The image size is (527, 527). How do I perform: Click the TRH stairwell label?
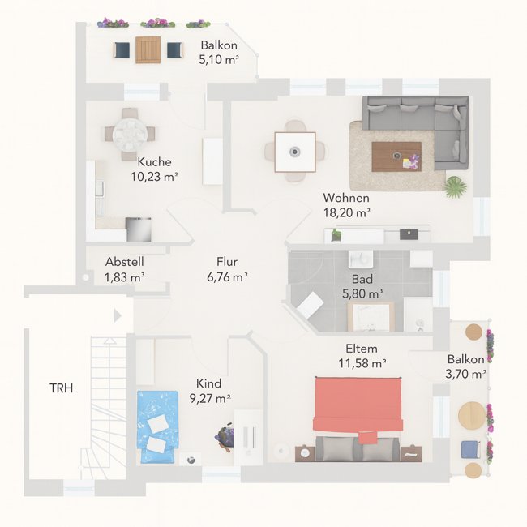click(x=61, y=388)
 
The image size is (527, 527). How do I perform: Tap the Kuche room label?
click(x=154, y=161)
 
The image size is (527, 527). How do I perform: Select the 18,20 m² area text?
click(x=346, y=212)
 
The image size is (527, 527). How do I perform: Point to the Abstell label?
click(x=125, y=262)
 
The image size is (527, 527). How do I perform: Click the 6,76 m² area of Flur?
click(x=227, y=277)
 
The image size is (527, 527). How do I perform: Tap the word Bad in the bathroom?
click(x=362, y=279)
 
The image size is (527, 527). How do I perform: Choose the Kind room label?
click(x=208, y=383)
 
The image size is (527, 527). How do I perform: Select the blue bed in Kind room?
click(x=157, y=426)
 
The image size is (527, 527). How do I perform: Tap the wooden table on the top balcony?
click(x=148, y=50)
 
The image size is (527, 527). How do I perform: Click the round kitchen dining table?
click(x=130, y=135)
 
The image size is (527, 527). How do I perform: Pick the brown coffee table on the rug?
click(x=396, y=156)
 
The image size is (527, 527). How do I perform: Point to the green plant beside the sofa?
click(x=456, y=186)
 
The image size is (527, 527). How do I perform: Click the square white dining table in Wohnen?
click(x=295, y=152)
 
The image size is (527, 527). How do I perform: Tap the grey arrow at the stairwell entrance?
click(x=118, y=315)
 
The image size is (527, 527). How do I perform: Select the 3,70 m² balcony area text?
click(x=466, y=374)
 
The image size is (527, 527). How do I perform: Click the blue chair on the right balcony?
click(x=470, y=450)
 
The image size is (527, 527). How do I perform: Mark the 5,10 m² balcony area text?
click(x=219, y=59)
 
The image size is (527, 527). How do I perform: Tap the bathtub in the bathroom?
click(x=371, y=316)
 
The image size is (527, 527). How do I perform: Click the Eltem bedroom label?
click(x=362, y=349)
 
